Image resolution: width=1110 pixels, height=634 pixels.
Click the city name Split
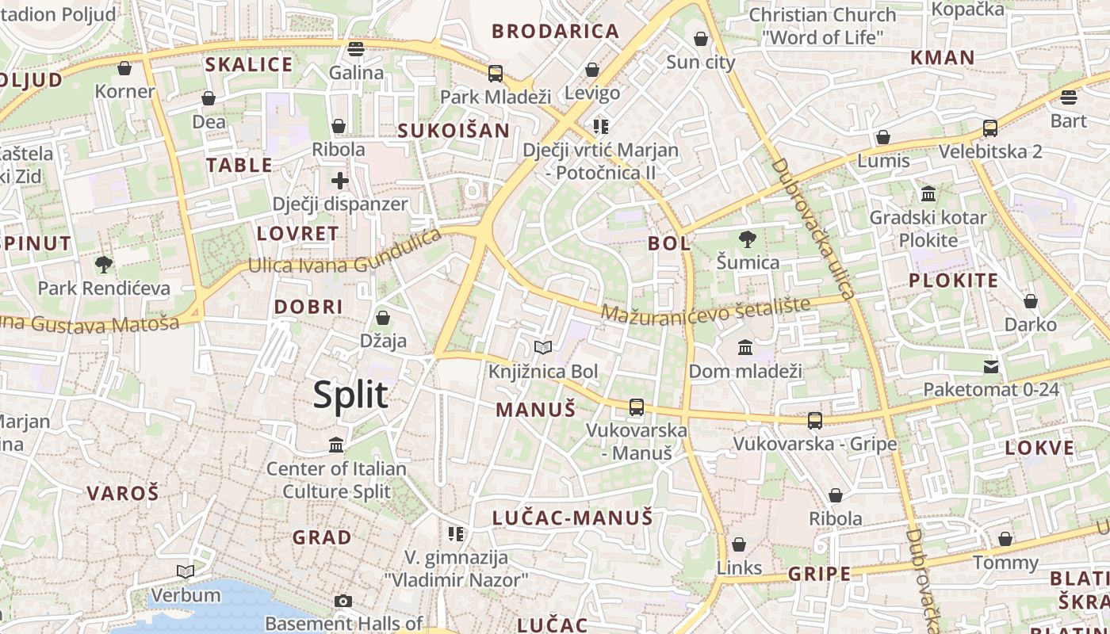coord(350,395)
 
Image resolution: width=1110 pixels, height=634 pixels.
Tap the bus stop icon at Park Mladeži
coord(496,74)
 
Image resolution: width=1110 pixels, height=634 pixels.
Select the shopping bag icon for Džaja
coord(383,318)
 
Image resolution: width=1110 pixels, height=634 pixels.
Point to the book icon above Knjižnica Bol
coord(543,347)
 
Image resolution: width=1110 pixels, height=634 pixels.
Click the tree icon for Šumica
coord(747,239)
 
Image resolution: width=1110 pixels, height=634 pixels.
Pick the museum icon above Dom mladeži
coord(745,347)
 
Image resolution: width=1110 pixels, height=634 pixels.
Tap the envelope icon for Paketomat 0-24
coord(991,366)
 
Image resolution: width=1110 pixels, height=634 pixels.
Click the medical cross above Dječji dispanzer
coord(340,180)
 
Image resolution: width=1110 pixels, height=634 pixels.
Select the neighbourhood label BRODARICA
coord(555,32)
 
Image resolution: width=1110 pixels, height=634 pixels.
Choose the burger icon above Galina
coord(356,49)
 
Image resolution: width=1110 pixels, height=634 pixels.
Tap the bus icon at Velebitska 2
coord(989,128)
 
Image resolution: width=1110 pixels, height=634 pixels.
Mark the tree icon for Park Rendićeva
coord(103,264)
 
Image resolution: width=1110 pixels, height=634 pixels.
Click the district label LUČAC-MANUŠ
coord(572,518)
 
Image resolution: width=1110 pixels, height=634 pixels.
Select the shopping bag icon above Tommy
coord(1005,540)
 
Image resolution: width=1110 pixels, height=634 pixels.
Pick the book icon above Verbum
coord(186,571)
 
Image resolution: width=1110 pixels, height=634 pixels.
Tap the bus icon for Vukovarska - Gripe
coord(815,421)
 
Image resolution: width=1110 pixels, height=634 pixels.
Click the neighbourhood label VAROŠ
coord(123,493)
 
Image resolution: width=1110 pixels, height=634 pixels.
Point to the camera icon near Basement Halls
coord(343,601)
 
